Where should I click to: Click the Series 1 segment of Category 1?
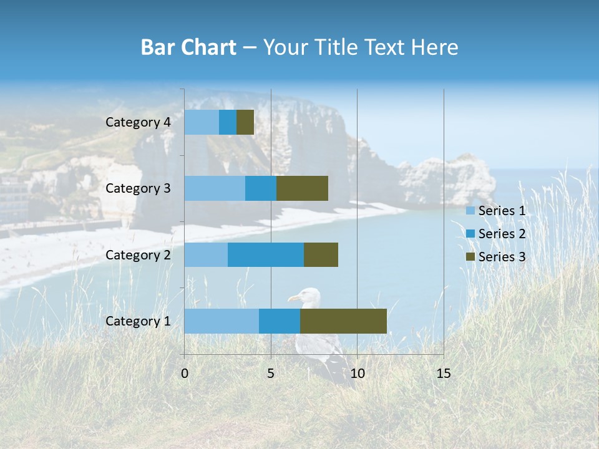[222, 321]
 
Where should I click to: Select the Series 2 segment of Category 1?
[280, 321]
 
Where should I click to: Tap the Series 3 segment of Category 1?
[343, 321]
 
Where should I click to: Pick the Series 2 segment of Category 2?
[266, 254]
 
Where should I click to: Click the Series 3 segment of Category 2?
[321, 254]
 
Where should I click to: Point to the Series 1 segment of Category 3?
[215, 188]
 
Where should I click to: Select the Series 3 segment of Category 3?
[302, 188]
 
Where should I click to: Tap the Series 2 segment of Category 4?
[228, 122]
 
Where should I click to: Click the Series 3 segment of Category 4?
[245, 122]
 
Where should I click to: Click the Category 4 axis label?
[138, 122]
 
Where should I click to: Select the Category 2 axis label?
[138, 254]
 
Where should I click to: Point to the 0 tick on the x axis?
[185, 374]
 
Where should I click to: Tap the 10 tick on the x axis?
[357, 374]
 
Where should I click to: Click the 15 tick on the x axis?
[443, 374]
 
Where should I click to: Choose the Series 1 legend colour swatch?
[470, 211]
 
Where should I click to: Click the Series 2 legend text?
[502, 234]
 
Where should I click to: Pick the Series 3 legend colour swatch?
[470, 257]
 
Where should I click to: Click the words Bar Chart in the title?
[188, 47]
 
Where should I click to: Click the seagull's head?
[307, 296]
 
